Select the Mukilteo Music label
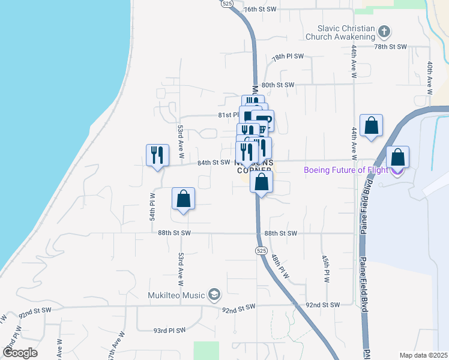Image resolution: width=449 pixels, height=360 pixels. pyautogui.click(x=177, y=295)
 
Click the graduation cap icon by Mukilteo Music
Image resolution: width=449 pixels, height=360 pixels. pyautogui.click(x=214, y=294)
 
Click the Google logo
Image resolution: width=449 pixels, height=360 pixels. pyautogui.click(x=20, y=353)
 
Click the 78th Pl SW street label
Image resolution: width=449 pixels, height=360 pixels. pyautogui.click(x=288, y=56)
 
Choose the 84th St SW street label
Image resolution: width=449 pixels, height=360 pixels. pyautogui.click(x=214, y=162)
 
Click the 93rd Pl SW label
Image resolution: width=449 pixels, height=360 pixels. pyautogui.click(x=169, y=330)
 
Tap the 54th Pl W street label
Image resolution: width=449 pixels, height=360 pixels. pyautogui.click(x=152, y=206)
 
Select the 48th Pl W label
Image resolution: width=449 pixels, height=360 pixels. pyautogui.click(x=280, y=267)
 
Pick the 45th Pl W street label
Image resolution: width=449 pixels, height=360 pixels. pyautogui.click(x=327, y=268)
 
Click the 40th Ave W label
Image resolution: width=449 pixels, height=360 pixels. pyautogui.click(x=430, y=78)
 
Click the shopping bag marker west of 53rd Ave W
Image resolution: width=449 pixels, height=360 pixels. pyautogui.click(x=184, y=199)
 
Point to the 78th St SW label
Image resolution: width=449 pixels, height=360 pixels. pyautogui.click(x=390, y=46)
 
